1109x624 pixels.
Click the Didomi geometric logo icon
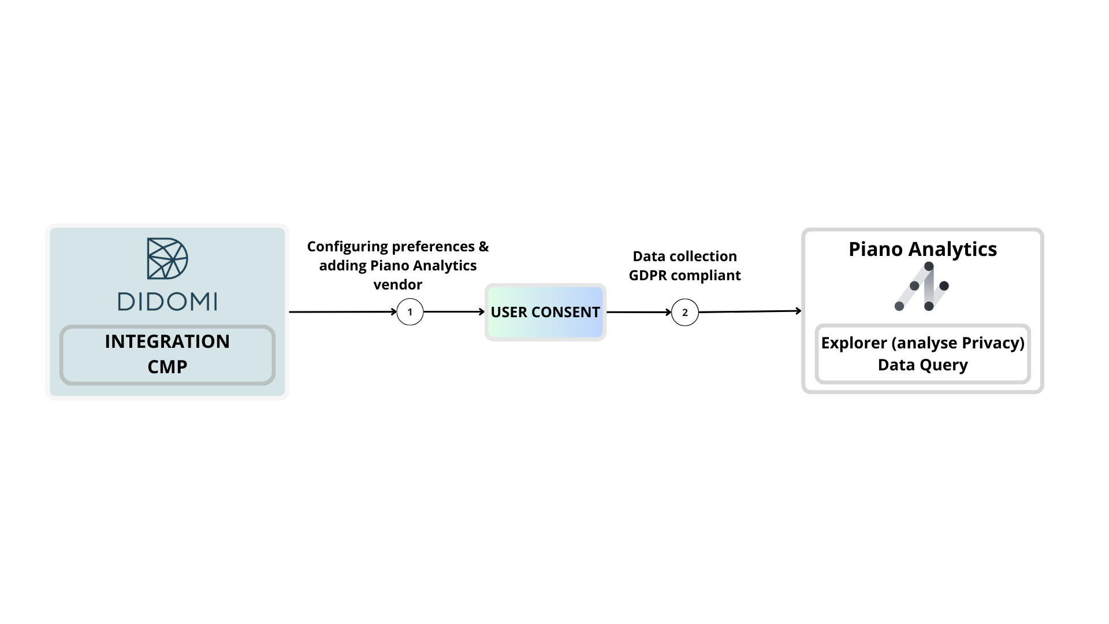[168, 258]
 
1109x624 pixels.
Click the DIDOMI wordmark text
[168, 301]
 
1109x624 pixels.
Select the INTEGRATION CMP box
[168, 355]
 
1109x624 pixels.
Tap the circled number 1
[410, 312]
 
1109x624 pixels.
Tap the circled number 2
[685, 313]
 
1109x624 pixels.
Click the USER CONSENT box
[545, 312]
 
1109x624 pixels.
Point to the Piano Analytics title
[922, 249]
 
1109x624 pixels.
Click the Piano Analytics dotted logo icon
[922, 287]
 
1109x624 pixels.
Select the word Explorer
[854, 343]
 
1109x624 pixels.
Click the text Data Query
[922, 365]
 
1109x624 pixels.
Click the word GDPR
[647, 276]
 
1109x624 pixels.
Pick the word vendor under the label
[398, 285]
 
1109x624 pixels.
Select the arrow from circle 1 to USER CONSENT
[454, 312]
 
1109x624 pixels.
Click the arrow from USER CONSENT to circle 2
[639, 312]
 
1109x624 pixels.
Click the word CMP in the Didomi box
[168, 367]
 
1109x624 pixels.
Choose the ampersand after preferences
[483, 247]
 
